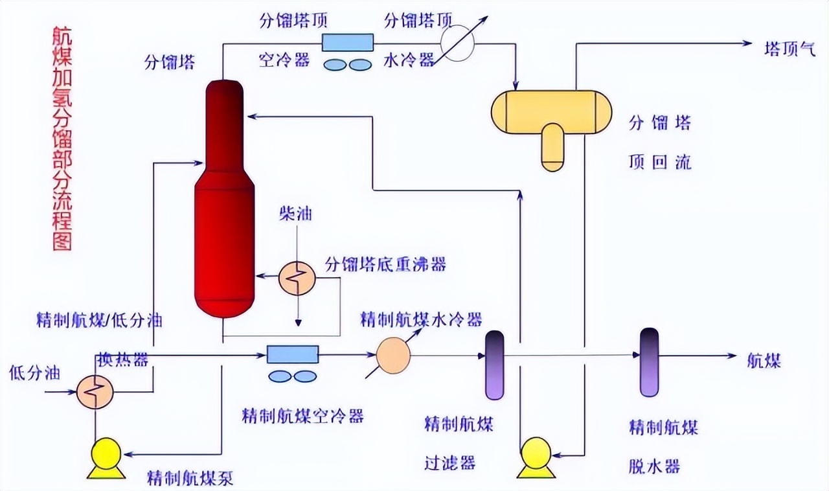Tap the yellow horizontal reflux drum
(551, 111)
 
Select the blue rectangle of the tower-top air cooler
(348, 42)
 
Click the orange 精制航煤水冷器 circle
(394, 356)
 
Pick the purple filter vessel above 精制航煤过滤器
(494, 365)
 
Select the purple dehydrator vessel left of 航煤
(649, 363)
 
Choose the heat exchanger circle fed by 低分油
(95, 391)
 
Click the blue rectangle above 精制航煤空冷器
(293, 354)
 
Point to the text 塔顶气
(790, 49)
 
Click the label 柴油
(295, 212)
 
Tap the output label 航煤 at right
(764, 360)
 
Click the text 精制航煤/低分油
(99, 320)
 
